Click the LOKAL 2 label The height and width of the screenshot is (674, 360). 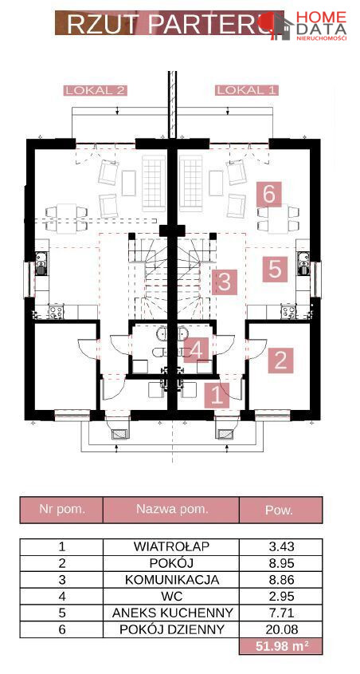click(x=95, y=91)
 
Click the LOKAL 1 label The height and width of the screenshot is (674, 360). click(x=247, y=91)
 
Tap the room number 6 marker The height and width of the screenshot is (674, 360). click(x=269, y=194)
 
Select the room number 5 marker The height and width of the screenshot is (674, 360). click(x=275, y=270)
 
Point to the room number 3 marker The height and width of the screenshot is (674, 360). click(x=225, y=282)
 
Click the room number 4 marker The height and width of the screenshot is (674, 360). click(x=196, y=349)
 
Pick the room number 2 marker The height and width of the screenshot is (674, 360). click(x=280, y=360)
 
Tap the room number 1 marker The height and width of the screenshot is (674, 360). click(x=217, y=395)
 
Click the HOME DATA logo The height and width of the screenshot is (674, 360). click(x=308, y=26)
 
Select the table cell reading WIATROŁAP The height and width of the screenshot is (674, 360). click(x=171, y=546)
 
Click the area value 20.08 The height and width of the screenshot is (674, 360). click(x=280, y=629)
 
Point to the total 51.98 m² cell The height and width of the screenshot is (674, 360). click(x=280, y=645)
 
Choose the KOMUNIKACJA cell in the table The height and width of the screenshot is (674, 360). click(x=171, y=579)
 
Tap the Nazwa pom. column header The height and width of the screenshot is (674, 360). click(x=171, y=510)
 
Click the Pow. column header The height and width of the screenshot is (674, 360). click(x=280, y=510)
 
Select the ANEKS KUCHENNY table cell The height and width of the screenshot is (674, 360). click(x=171, y=613)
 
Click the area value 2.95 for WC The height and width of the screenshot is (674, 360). click(x=280, y=596)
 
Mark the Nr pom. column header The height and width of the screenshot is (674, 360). click(x=62, y=510)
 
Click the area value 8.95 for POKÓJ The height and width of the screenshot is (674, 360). click(x=280, y=563)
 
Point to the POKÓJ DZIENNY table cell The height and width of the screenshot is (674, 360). click(x=171, y=629)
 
